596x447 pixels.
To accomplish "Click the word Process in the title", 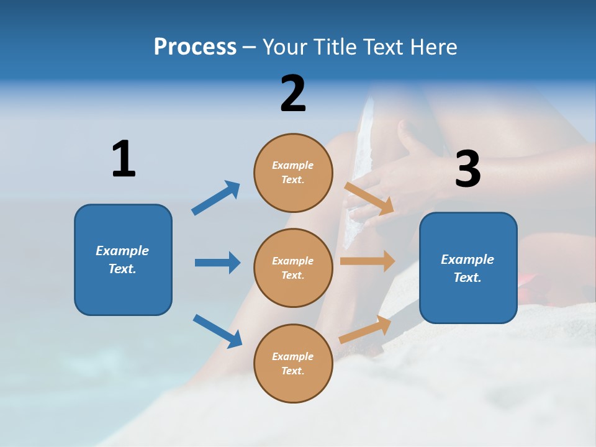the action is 195,47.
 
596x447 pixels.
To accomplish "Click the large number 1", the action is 124,158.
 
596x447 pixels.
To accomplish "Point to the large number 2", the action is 293,93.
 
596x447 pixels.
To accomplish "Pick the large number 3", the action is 468,168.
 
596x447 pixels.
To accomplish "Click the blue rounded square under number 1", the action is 123,260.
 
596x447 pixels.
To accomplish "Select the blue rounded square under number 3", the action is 468,268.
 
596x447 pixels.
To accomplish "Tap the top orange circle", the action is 293,173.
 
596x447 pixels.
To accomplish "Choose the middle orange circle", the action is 293,268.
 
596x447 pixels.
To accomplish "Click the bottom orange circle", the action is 293,364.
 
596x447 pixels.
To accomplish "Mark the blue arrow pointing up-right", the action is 215,197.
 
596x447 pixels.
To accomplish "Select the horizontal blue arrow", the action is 217,262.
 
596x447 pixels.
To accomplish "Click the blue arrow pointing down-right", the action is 217,331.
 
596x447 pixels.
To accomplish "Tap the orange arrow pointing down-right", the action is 369,199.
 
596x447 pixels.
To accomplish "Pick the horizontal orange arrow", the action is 368,261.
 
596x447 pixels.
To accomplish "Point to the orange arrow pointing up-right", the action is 365,330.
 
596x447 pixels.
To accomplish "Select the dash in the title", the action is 249,48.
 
